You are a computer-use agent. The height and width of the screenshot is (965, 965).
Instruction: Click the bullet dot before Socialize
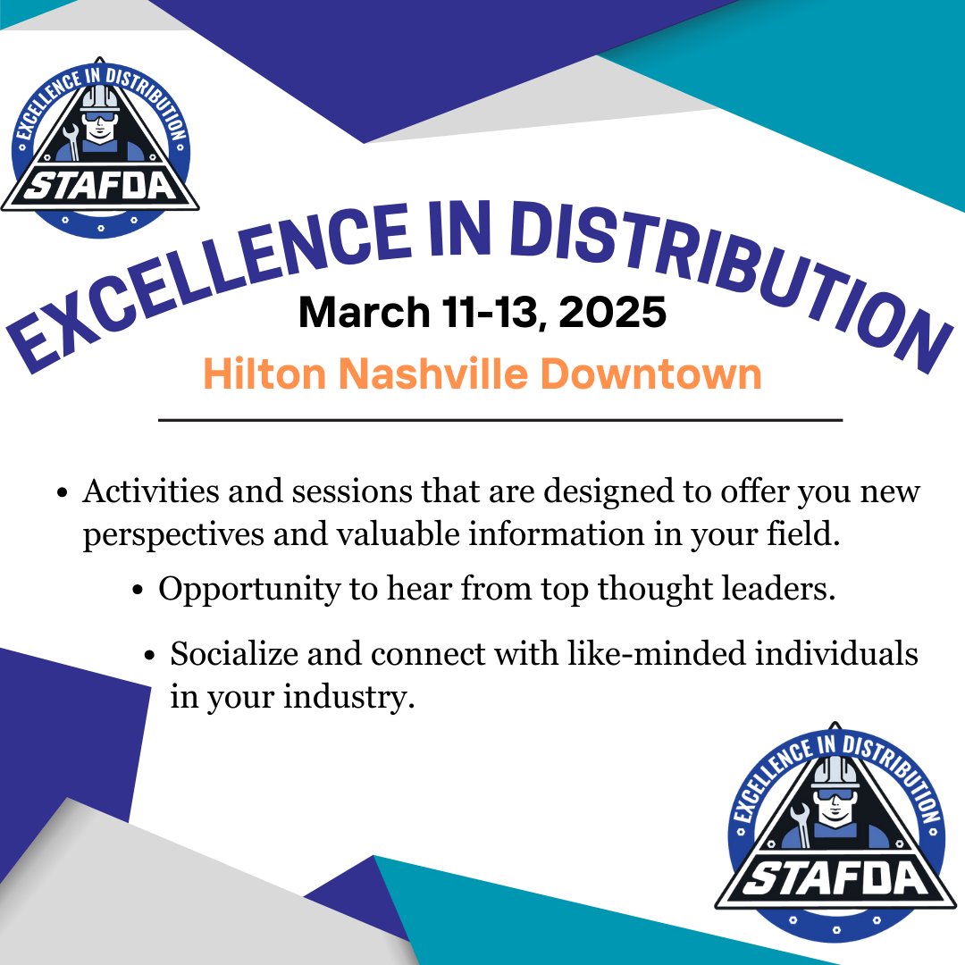(150, 655)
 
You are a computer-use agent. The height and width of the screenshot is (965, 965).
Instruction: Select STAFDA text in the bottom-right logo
(835, 879)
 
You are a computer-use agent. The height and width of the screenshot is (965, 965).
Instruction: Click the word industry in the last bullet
(348, 697)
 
